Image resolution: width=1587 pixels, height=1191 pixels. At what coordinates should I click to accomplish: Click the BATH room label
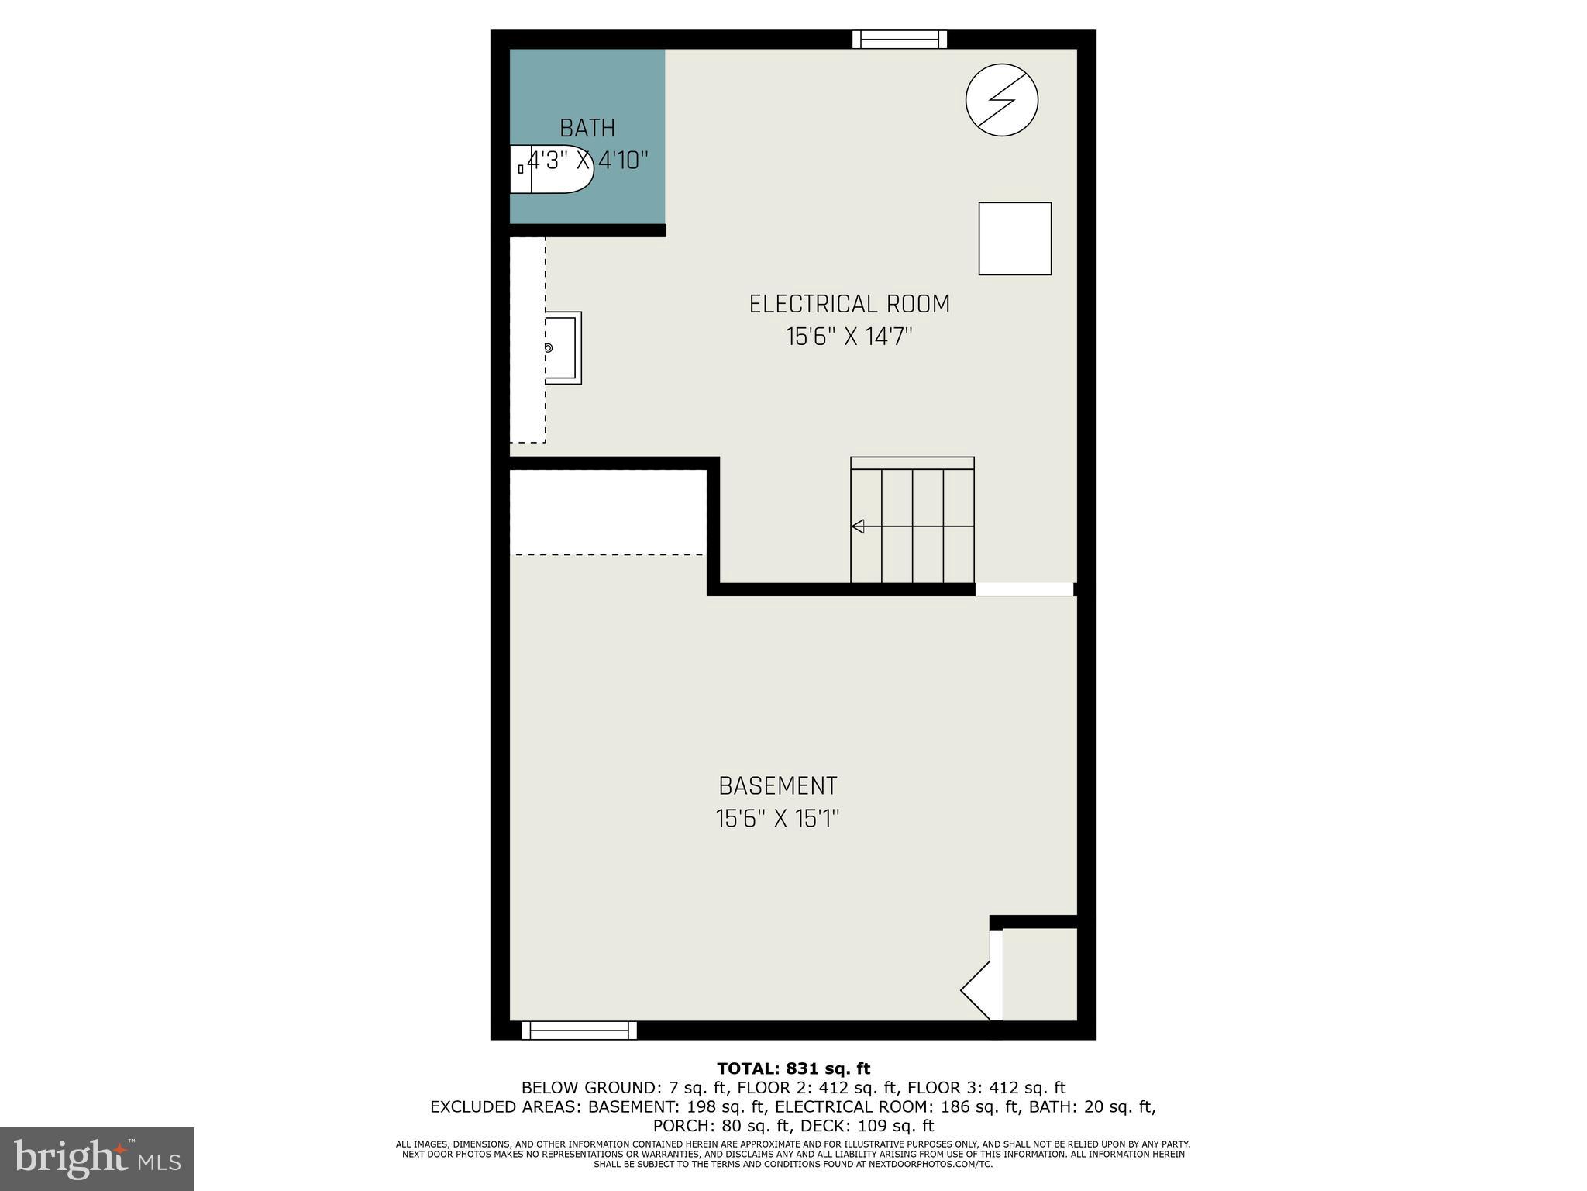[587, 128]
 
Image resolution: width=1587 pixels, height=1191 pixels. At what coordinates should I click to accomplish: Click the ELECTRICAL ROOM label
[849, 304]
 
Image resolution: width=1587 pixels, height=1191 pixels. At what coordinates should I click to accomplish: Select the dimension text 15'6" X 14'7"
[849, 337]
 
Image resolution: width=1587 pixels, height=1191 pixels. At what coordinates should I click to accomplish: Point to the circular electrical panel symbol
[1002, 101]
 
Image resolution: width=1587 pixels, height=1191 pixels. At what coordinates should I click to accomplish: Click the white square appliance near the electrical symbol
[1014, 239]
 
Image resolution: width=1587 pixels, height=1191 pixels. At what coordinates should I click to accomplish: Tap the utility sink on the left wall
[562, 348]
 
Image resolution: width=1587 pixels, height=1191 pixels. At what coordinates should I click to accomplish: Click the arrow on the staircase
[858, 526]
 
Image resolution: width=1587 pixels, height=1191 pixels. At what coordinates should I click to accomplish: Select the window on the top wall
[900, 40]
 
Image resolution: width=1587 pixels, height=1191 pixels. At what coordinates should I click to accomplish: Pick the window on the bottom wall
[579, 1030]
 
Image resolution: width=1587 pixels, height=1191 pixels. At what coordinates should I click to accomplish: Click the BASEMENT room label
[778, 786]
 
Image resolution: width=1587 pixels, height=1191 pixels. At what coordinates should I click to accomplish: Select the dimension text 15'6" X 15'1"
[778, 819]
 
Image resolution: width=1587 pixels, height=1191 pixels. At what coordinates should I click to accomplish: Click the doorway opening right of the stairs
[1024, 590]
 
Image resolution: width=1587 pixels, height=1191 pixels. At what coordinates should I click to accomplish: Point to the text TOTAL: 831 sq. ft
[793, 1069]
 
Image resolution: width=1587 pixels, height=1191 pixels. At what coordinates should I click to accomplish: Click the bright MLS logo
[97, 1159]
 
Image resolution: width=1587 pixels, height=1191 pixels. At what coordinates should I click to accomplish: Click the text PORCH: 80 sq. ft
[718, 1126]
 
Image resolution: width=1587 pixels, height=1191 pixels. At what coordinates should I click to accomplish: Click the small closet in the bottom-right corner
[1039, 975]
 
